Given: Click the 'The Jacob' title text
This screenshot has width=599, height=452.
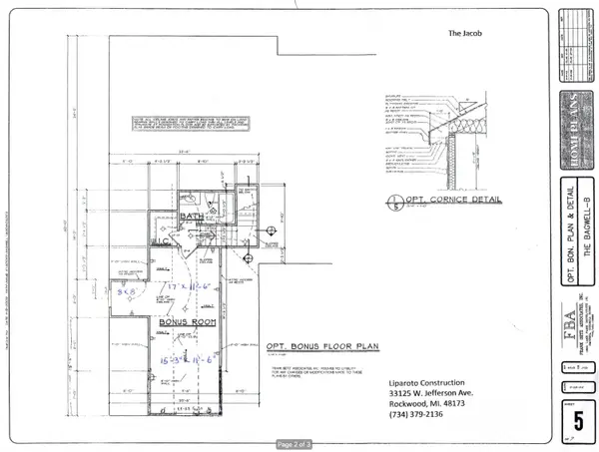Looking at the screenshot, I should point(465,33).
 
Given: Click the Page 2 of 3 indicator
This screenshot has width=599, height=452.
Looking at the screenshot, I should point(299,442).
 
